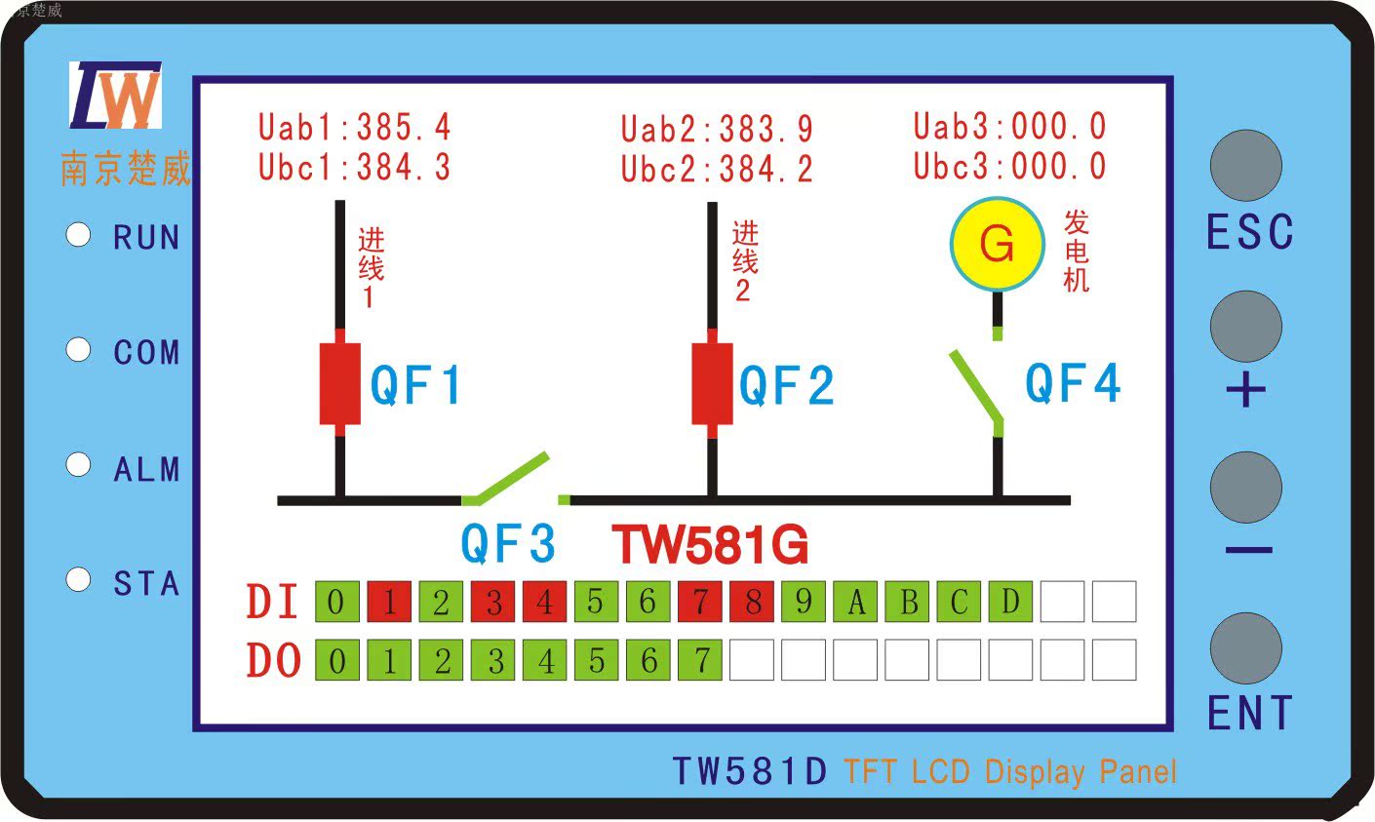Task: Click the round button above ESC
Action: (x=1245, y=166)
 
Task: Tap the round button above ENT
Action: (x=1245, y=648)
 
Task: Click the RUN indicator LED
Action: (x=78, y=235)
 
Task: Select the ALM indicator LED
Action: (x=78, y=465)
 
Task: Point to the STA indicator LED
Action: (x=78, y=580)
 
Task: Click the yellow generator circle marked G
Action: (x=997, y=244)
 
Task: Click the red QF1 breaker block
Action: (x=340, y=383)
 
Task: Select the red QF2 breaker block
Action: (x=712, y=383)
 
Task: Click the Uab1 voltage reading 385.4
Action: (x=404, y=127)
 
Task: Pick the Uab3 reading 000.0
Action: (x=1058, y=127)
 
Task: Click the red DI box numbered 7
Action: (x=700, y=602)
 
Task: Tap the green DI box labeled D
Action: (x=1010, y=602)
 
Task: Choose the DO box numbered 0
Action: (x=337, y=661)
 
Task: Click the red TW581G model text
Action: (x=710, y=545)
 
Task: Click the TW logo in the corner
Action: (x=115, y=96)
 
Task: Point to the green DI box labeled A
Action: (x=856, y=602)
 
